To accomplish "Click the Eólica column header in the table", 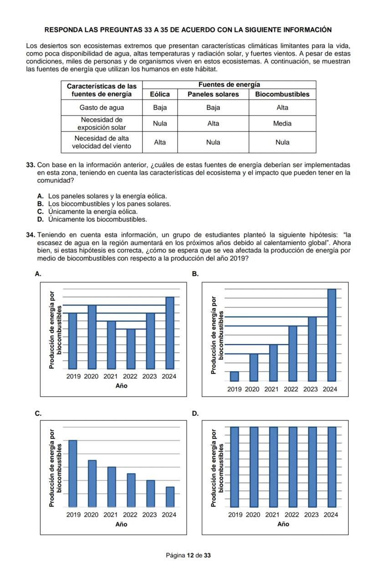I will [160, 94].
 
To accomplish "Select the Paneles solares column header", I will [213, 94].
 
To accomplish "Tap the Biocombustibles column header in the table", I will [282, 94].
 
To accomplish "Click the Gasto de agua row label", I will [102, 108].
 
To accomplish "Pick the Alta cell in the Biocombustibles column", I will [282, 108].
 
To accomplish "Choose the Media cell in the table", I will [282, 123].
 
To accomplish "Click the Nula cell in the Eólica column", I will [160, 123].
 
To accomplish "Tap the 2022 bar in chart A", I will [131, 349].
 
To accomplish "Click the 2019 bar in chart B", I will [234, 376].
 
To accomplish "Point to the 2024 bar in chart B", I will [331, 335].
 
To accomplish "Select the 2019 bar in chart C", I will [73, 473].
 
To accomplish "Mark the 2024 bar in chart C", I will [170, 497].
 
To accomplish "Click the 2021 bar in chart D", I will [273, 467].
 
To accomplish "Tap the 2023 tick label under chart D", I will [311, 515].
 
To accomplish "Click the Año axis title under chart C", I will [121, 524].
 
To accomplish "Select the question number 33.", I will [31, 165].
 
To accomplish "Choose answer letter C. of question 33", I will [41, 212].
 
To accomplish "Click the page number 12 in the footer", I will [190, 555].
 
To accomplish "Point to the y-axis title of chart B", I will [218, 335].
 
